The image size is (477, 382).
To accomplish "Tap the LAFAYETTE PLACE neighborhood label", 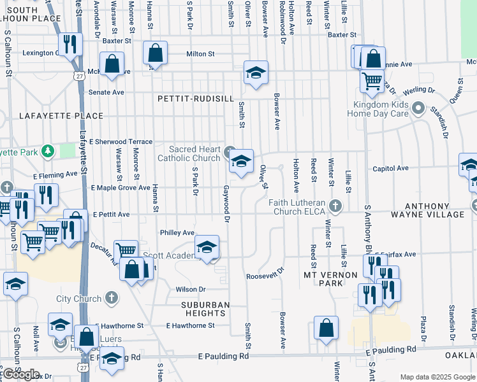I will (61, 116).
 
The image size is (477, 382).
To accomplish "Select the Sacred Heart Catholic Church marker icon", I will (229, 152).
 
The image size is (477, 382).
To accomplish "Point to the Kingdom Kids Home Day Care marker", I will (418, 108).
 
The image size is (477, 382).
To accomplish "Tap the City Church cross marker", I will (111, 298).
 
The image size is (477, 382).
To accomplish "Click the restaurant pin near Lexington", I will (70, 44).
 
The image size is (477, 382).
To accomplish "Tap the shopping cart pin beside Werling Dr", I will (372, 80).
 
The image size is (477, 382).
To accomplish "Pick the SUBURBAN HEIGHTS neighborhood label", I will (198, 309).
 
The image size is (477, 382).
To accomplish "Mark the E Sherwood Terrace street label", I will (121, 141).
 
